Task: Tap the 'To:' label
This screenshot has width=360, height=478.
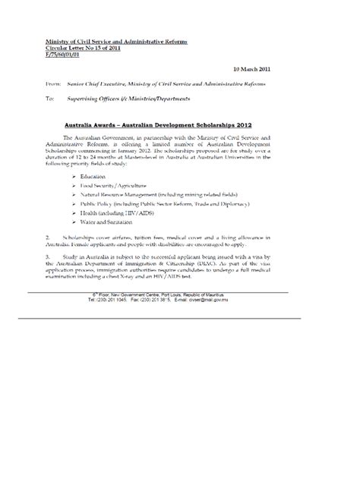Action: click(51, 99)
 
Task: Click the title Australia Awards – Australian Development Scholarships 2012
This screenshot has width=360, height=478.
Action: click(179, 122)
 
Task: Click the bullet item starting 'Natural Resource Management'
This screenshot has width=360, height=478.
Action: click(172, 196)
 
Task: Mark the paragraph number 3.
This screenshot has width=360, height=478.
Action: click(48, 278)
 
